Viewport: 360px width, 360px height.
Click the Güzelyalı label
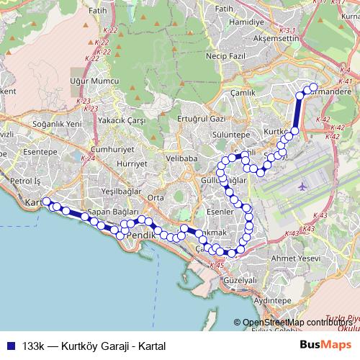coord(240,280)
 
